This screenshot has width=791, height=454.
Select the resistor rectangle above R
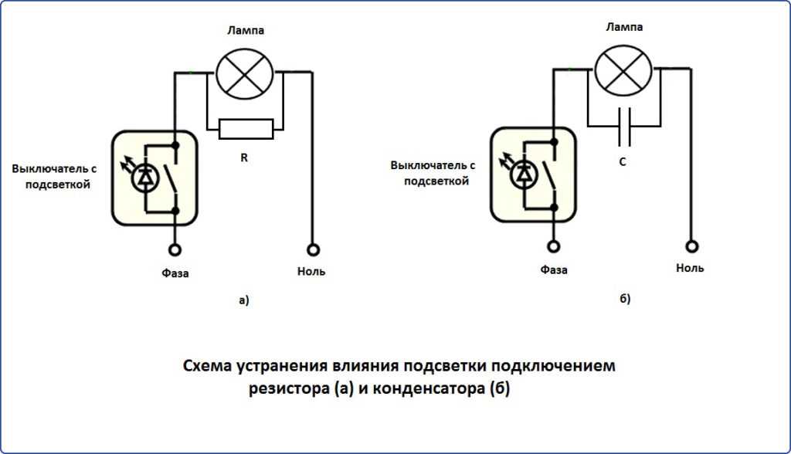pos(246,129)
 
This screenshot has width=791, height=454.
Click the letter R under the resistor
pos(244,158)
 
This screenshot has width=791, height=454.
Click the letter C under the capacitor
pos(623,163)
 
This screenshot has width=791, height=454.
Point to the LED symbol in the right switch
pos(523,174)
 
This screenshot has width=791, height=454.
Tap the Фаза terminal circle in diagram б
pos(554,246)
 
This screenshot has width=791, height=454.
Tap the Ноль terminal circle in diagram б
pos(692,246)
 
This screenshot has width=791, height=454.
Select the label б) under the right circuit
pos(625,298)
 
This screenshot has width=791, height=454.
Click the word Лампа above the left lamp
pos(245,31)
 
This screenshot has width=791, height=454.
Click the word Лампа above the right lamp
pos(624,26)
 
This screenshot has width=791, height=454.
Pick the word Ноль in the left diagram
pos(311,272)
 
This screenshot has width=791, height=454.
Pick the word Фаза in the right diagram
pos(554,270)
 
